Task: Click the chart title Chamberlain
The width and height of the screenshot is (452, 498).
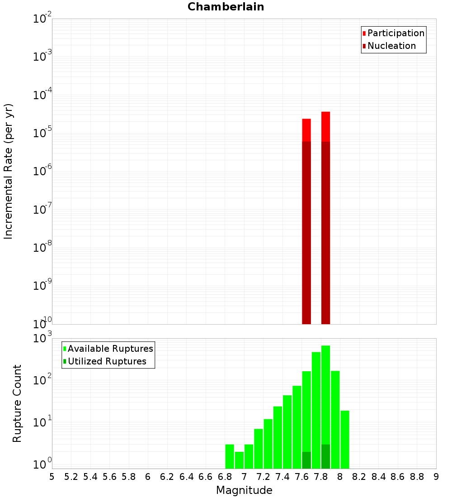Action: pyautogui.click(x=226, y=7)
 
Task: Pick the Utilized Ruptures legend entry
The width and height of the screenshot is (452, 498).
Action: pyautogui.click(x=107, y=361)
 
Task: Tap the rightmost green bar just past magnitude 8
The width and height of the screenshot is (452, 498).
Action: pyautogui.click(x=345, y=440)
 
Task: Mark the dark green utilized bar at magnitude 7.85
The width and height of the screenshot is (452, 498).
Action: pyautogui.click(x=325, y=456)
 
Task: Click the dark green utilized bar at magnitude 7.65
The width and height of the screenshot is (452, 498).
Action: pyautogui.click(x=306, y=460)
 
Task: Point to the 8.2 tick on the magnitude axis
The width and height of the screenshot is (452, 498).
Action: pyautogui.click(x=359, y=477)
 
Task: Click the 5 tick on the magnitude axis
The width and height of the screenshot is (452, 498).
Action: pyautogui.click(x=52, y=477)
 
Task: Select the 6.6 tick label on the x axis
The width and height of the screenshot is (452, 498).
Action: pyautogui.click(x=206, y=477)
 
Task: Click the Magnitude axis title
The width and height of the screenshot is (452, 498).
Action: pyautogui.click(x=244, y=490)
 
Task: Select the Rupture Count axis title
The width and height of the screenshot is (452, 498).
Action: pyautogui.click(x=17, y=403)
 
